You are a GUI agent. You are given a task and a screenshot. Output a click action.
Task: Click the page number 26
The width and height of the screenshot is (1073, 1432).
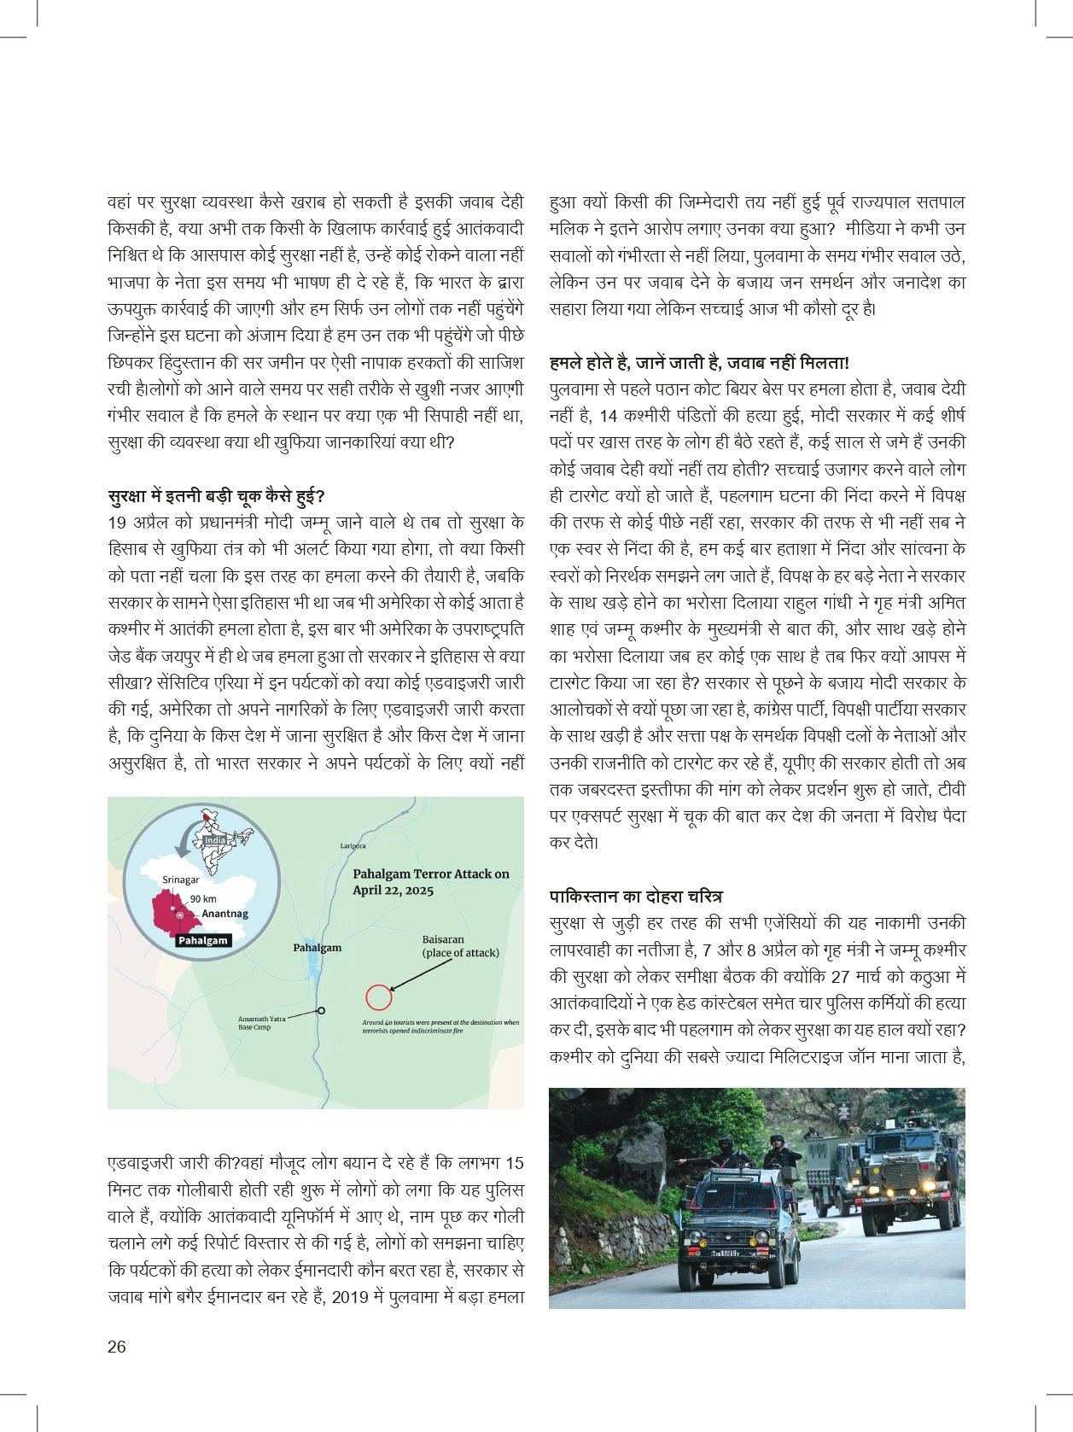tap(117, 1347)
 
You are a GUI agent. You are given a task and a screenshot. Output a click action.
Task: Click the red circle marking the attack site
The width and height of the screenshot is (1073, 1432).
tap(378, 997)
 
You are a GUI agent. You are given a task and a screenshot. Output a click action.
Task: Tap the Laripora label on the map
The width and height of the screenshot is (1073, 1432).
tap(353, 846)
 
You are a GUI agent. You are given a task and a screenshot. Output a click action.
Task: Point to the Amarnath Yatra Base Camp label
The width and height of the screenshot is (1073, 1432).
tap(261, 1023)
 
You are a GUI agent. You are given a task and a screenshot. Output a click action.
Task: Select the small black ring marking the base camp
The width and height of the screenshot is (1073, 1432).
tap(321, 1011)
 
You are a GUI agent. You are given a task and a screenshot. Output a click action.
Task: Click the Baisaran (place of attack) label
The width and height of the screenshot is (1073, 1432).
tap(460, 946)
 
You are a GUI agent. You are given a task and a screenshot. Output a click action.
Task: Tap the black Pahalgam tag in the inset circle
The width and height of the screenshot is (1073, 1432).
tap(203, 940)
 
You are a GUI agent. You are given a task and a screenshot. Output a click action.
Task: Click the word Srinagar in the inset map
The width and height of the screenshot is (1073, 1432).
tap(180, 880)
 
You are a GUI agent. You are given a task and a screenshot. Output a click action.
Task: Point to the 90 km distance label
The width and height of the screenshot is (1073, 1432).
tap(203, 898)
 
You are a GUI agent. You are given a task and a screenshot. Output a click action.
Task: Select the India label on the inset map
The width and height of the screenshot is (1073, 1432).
tap(214, 840)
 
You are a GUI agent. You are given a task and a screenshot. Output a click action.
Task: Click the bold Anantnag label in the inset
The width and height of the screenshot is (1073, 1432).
tap(225, 914)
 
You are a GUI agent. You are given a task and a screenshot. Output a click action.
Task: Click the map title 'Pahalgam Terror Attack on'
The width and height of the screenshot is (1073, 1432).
tap(430, 874)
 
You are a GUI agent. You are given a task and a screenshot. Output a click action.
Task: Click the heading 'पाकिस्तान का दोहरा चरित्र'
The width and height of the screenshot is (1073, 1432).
tap(635, 896)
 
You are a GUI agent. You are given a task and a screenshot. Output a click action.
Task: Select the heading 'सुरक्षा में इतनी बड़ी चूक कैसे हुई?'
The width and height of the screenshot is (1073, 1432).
tap(217, 496)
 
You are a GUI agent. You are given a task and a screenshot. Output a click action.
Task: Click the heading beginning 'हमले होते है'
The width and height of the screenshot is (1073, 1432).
tap(698, 362)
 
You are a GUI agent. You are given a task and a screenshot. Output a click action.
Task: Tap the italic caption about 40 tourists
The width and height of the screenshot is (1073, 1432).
tap(440, 1026)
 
